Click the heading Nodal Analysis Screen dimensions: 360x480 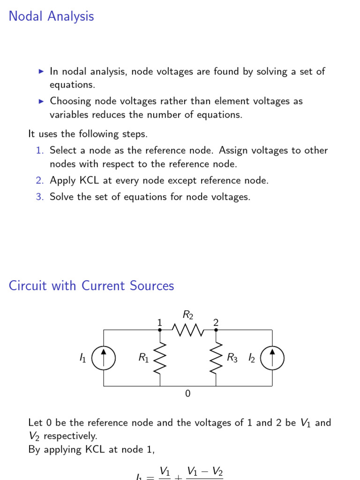pyautogui.click(x=51, y=16)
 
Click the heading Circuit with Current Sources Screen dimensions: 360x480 pyautogui.click(x=91, y=286)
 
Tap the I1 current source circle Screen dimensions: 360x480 pyautogui.click(x=103, y=359)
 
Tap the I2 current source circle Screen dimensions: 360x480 pyautogui.click(x=272, y=359)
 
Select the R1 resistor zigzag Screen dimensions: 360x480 pyautogui.click(x=160, y=358)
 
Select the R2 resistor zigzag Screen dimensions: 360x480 pyautogui.click(x=187, y=330)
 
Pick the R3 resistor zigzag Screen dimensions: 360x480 pyautogui.click(x=216, y=358)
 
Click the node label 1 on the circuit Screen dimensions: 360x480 pyautogui.click(x=159, y=322)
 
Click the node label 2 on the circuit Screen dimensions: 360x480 pyautogui.click(x=216, y=322)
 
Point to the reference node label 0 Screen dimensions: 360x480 pyautogui.click(x=188, y=394)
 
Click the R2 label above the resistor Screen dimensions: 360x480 pyautogui.click(x=187, y=315)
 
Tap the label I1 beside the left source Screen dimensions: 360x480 pyautogui.click(x=82, y=358)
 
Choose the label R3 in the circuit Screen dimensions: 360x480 pyautogui.click(x=232, y=358)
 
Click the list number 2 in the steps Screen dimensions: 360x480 pyautogui.click(x=39, y=180)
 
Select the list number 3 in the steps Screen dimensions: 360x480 pyautogui.click(x=39, y=197)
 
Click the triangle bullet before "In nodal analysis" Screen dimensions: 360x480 pyautogui.click(x=41, y=72)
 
